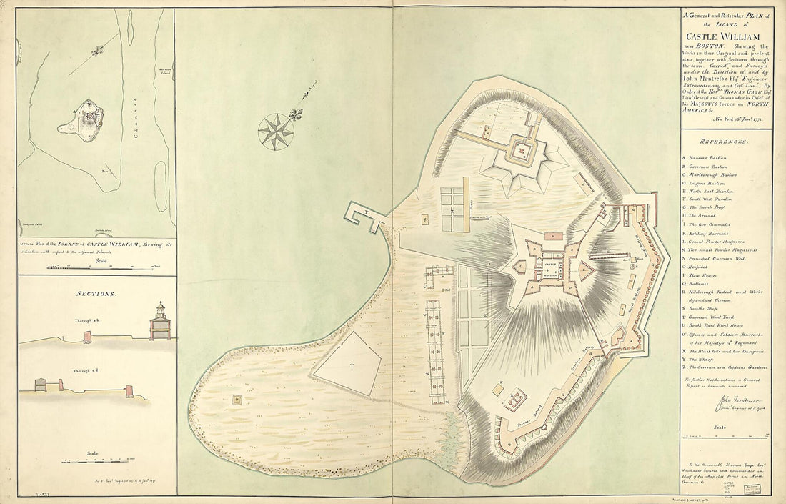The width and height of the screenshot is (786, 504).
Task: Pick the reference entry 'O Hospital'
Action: [x=700, y=273]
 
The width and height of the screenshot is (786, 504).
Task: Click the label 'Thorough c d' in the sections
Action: [x=88, y=371]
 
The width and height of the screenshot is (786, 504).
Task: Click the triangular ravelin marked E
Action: [x=585, y=271]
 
